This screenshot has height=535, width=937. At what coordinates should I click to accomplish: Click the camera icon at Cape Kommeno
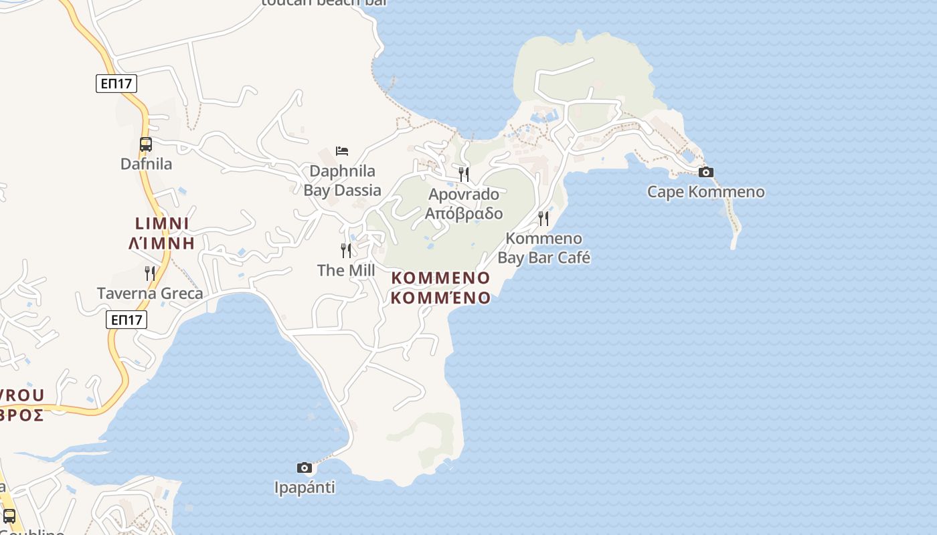click(x=705, y=173)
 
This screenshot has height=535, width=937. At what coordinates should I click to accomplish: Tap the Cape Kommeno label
click(x=705, y=192)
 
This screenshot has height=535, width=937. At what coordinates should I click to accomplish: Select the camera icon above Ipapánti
click(x=305, y=467)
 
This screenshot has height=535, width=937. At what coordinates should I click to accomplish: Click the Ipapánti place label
click(x=305, y=488)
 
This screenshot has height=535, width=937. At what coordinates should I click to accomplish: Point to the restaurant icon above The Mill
click(x=346, y=251)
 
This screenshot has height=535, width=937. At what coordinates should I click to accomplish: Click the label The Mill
click(x=346, y=270)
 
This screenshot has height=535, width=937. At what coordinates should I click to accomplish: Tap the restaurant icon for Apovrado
click(x=464, y=175)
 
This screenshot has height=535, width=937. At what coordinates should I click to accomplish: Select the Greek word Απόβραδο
click(x=464, y=213)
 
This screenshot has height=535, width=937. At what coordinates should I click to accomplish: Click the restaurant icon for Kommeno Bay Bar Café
click(x=543, y=219)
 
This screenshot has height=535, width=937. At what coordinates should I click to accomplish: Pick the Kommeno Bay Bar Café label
click(x=543, y=248)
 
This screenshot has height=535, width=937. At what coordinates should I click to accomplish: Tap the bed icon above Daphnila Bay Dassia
click(x=342, y=151)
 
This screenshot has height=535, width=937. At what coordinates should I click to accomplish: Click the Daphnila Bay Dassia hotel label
click(x=342, y=181)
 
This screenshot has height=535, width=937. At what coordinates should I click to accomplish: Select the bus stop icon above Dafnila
click(x=146, y=144)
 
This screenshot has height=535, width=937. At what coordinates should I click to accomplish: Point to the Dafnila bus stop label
click(x=146, y=164)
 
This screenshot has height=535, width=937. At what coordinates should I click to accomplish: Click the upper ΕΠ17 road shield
click(x=116, y=84)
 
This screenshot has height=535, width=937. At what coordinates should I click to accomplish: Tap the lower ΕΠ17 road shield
click(x=126, y=320)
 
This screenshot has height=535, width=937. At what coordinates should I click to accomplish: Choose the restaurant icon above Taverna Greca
click(x=150, y=273)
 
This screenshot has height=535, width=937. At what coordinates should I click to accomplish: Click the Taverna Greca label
click(x=150, y=293)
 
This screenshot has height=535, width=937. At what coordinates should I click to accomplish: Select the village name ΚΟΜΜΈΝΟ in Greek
click(x=440, y=298)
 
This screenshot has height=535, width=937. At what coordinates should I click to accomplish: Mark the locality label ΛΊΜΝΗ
click(x=161, y=243)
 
